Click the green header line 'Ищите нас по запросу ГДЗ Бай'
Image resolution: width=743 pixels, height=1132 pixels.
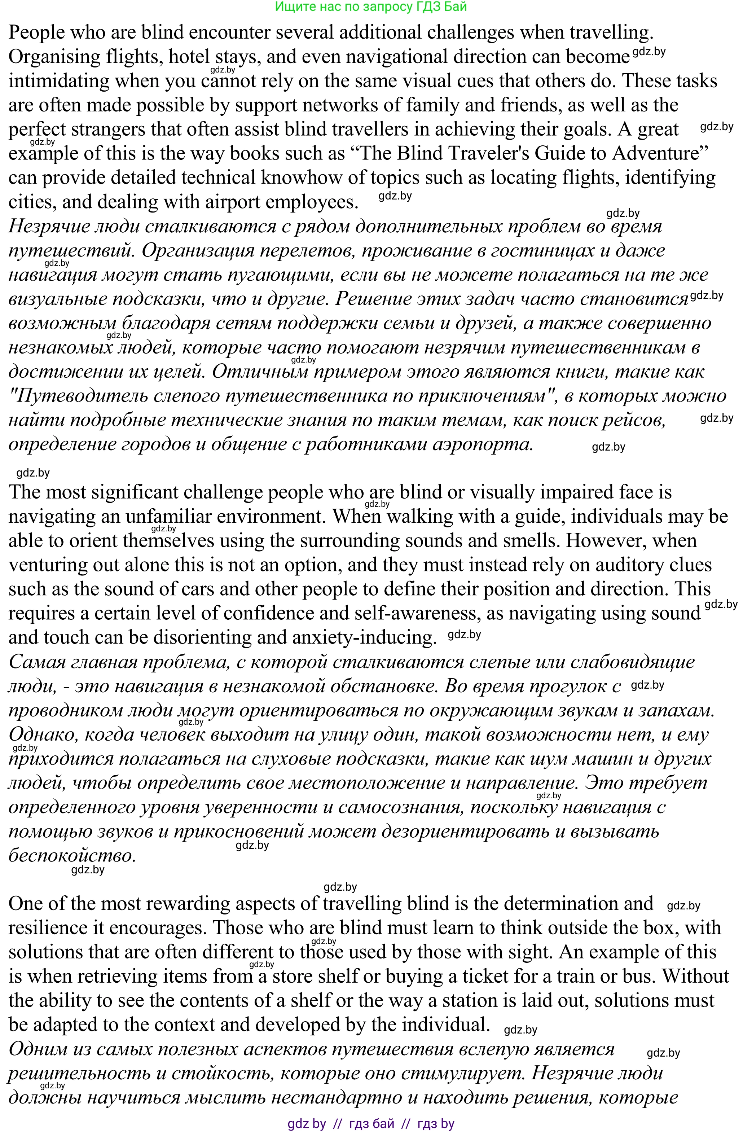point(371,6)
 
